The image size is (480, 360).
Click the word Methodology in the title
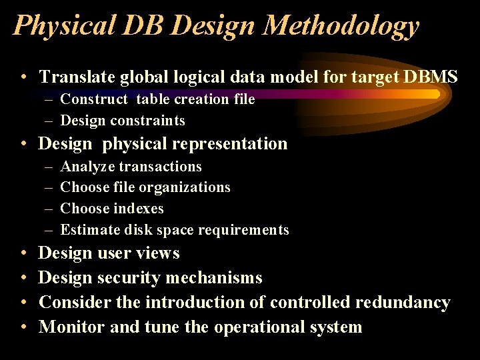click(341, 25)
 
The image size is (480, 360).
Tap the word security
click(135, 278)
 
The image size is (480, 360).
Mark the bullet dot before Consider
click(23, 303)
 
